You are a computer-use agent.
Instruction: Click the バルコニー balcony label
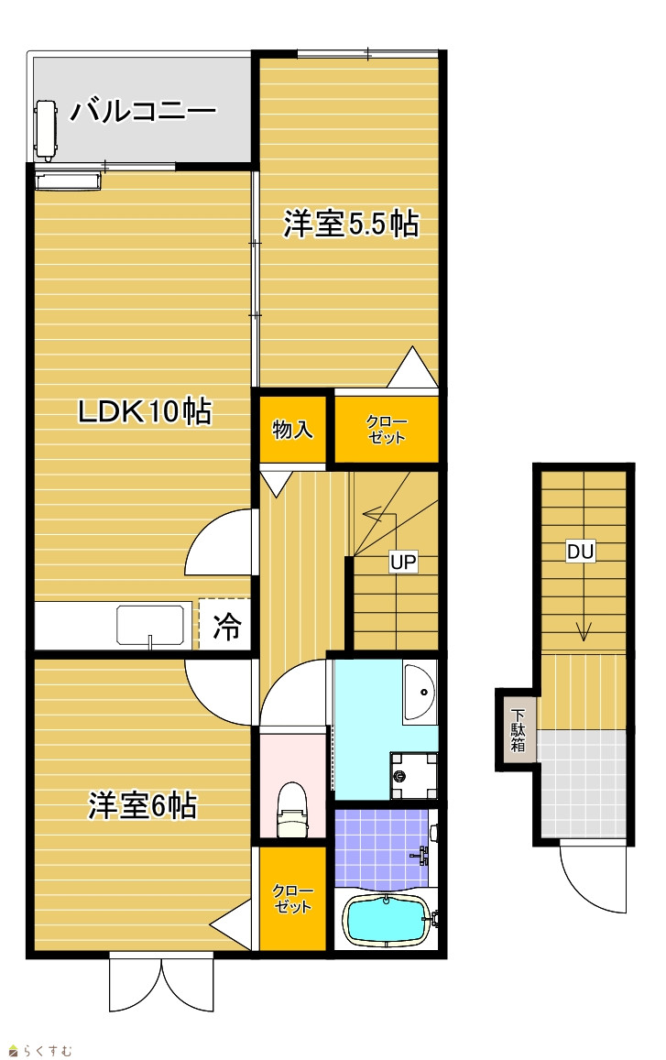[143, 110]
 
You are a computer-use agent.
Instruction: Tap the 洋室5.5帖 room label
[350, 224]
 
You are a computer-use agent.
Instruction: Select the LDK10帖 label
[145, 411]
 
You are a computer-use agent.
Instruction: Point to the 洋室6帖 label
[143, 805]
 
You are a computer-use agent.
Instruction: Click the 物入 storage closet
[293, 430]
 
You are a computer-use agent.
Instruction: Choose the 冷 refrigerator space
[226, 626]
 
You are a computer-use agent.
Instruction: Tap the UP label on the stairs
[404, 561]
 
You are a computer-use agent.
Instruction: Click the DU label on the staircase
[580, 552]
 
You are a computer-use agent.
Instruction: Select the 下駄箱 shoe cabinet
[518, 730]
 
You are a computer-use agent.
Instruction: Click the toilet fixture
[293, 809]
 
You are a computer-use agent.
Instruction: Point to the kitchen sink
[150, 626]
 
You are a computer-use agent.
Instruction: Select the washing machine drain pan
[413, 776]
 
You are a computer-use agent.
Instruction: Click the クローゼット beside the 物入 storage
[386, 430]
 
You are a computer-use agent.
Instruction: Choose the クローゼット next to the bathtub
[293, 899]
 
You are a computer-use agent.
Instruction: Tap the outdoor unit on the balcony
[45, 130]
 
